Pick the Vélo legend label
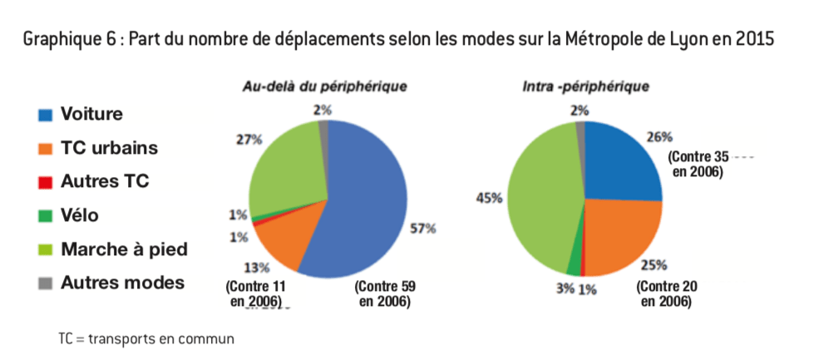click(x=80, y=215)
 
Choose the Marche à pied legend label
click(x=125, y=249)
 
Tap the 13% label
click(x=257, y=267)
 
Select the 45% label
click(x=488, y=197)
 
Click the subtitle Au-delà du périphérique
click(x=324, y=86)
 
